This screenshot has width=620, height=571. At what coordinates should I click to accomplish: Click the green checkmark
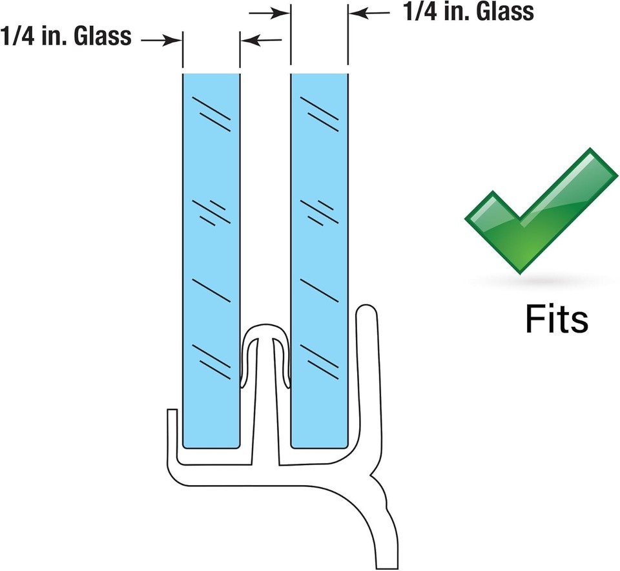tap(539, 213)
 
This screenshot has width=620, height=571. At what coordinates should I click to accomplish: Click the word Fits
tap(555, 318)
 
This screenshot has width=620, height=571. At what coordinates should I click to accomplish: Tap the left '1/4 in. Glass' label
tap(67, 36)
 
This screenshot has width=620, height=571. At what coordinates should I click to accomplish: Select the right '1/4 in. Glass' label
tap(468, 12)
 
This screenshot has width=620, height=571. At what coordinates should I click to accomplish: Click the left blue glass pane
tap(211, 258)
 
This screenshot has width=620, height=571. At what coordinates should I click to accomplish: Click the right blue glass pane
tap(320, 258)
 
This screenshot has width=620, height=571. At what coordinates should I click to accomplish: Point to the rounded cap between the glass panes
tap(265, 333)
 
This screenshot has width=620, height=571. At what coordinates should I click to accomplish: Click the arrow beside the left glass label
tap(161, 40)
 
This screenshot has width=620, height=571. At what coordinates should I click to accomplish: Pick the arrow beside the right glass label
tap(371, 12)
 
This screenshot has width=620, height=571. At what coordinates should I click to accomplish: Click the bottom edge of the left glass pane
tap(211, 446)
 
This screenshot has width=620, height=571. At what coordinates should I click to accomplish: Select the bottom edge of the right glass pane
tap(320, 446)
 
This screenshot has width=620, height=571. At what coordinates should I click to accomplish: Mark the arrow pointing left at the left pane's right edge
tap(262, 40)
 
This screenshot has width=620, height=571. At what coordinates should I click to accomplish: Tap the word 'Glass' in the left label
tap(103, 36)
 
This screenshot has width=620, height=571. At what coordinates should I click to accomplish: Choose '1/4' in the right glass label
tap(417, 12)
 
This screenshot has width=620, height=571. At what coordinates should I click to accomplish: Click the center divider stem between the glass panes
tap(265, 413)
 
